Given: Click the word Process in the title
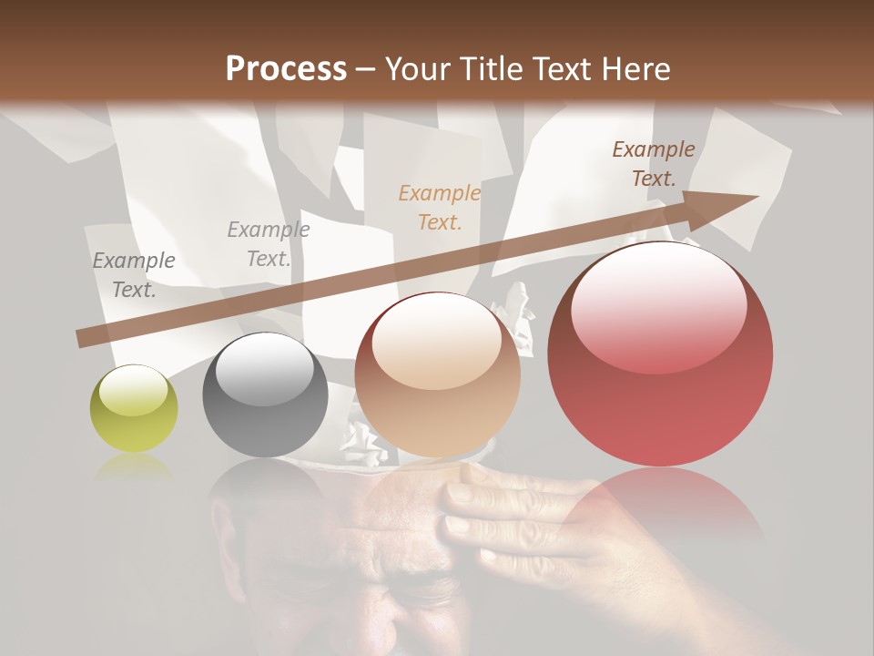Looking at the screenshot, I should click(x=286, y=69).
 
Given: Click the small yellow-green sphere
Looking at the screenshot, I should click(x=134, y=408).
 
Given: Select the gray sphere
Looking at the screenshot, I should click(x=265, y=395).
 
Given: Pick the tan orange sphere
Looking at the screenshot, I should click(x=437, y=375).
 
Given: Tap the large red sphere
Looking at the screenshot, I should click(x=660, y=354).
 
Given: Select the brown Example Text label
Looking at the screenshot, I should click(x=654, y=164).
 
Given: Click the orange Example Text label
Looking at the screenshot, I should click(x=440, y=207).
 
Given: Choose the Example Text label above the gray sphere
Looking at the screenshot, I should click(x=269, y=244).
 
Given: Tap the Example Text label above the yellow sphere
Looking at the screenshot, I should click(x=134, y=275).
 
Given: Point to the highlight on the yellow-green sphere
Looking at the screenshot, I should click(x=133, y=389).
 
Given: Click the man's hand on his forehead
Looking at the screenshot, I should click(x=510, y=519).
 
